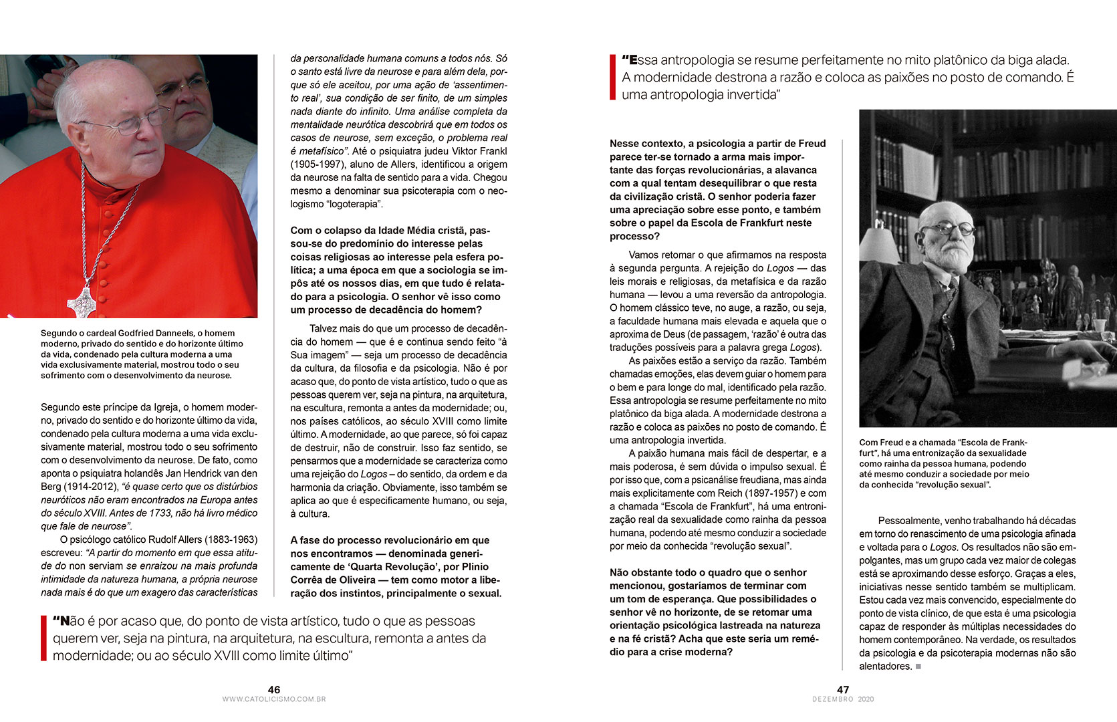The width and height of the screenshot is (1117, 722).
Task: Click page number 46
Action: (x=273, y=689)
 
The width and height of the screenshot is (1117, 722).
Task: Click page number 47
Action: (x=843, y=689)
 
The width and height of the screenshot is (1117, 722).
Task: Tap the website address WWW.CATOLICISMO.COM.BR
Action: (x=273, y=699)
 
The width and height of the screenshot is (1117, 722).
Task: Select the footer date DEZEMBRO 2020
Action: (x=843, y=699)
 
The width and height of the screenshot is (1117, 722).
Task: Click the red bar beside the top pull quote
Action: (x=612, y=78)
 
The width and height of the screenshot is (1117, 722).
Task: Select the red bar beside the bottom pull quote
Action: (x=43, y=638)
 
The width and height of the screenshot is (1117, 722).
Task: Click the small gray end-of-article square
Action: (x=918, y=667)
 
